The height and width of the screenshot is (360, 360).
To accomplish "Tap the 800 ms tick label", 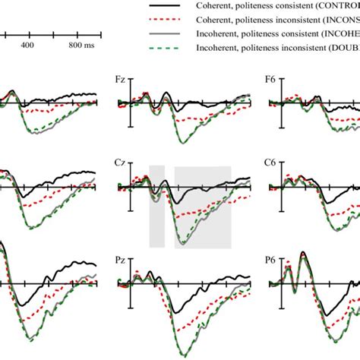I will [81, 46].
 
